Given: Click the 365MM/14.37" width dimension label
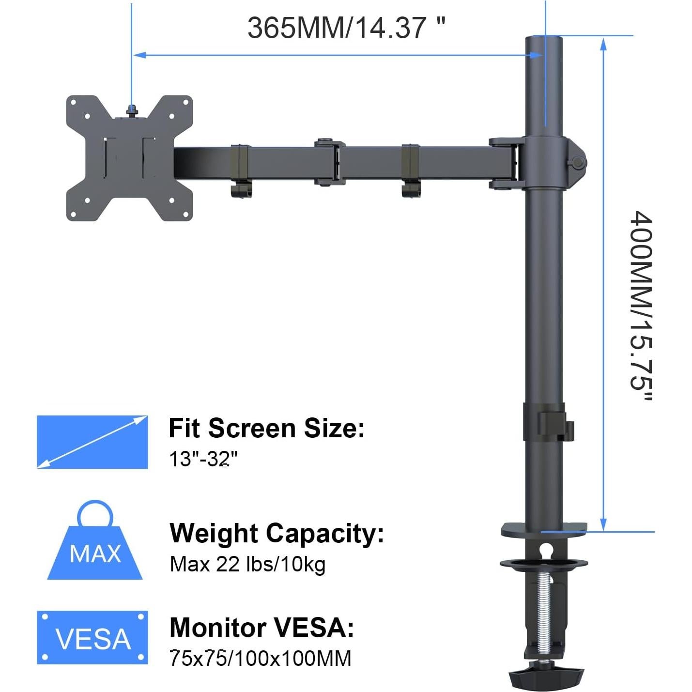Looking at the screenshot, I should point(346,27).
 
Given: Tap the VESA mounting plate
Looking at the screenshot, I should point(129,158).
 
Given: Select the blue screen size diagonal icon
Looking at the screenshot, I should point(92,442).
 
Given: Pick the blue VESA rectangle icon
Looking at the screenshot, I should point(92,637).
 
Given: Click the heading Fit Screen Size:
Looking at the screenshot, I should point(266,428).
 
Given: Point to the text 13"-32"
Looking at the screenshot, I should point(203,459).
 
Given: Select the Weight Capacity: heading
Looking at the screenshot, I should point(277,533).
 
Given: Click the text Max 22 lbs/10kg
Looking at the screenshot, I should point(247,564).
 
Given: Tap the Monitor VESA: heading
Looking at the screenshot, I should point(261,628).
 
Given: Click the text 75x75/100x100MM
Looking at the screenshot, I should point(261,659).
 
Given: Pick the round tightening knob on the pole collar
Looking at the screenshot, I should point(577,163).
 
